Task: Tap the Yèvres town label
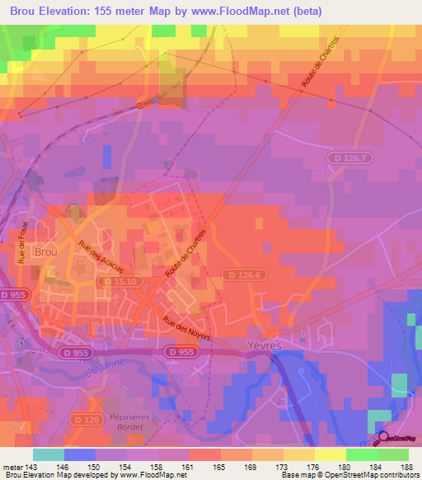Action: coord(269,347)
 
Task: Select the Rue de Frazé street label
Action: coord(23,242)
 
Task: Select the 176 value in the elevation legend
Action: coord(301,468)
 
